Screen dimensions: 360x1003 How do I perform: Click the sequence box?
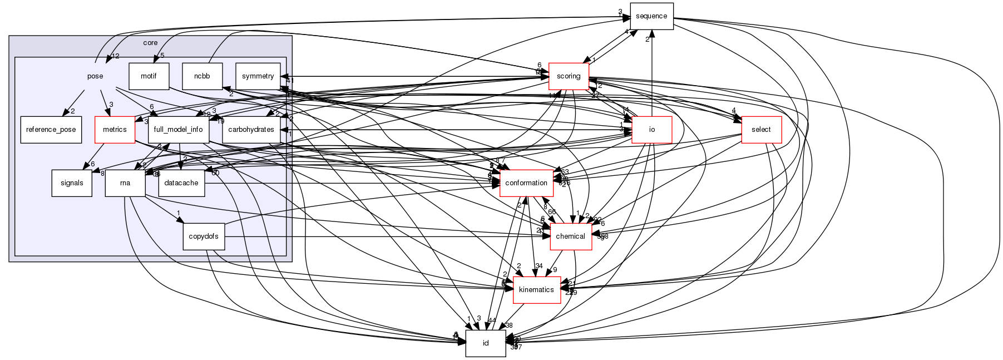[651, 16]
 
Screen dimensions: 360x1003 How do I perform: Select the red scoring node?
[569, 76]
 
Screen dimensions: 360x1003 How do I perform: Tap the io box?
[652, 130]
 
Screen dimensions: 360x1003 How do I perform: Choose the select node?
[761, 130]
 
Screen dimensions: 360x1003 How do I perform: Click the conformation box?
[526, 183]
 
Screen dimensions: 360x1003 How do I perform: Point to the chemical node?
[571, 236]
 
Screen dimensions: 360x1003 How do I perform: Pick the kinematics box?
[536, 289]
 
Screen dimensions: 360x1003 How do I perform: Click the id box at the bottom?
[485, 343]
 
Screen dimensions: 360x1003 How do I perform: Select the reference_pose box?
[51, 130]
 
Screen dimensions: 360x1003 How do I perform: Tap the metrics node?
[115, 130]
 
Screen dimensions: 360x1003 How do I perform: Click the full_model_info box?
[179, 130]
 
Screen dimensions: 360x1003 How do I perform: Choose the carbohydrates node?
[251, 130]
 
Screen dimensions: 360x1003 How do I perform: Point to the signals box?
[72, 183]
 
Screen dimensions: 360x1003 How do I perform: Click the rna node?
[125, 183]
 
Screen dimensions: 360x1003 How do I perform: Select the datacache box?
[182, 183]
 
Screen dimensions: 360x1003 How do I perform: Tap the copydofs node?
[204, 236]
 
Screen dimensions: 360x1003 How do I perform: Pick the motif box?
[149, 76]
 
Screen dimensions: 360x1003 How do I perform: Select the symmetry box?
[258, 76]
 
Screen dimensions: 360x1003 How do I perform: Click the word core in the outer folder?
[150, 43]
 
